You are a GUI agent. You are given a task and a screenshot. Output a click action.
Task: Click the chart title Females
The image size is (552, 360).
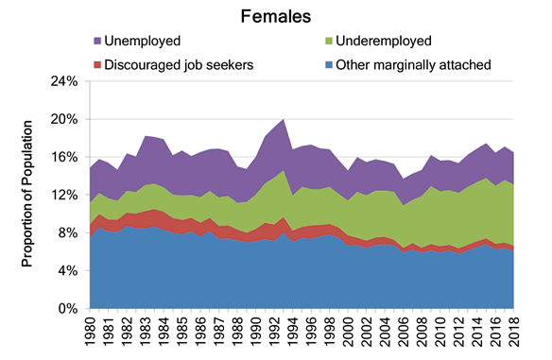[x=276, y=16]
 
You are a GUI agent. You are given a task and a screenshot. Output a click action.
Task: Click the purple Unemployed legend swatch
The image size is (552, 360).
[x=96, y=42]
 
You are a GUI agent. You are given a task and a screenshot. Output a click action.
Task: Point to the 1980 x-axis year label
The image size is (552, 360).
[x=91, y=330]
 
